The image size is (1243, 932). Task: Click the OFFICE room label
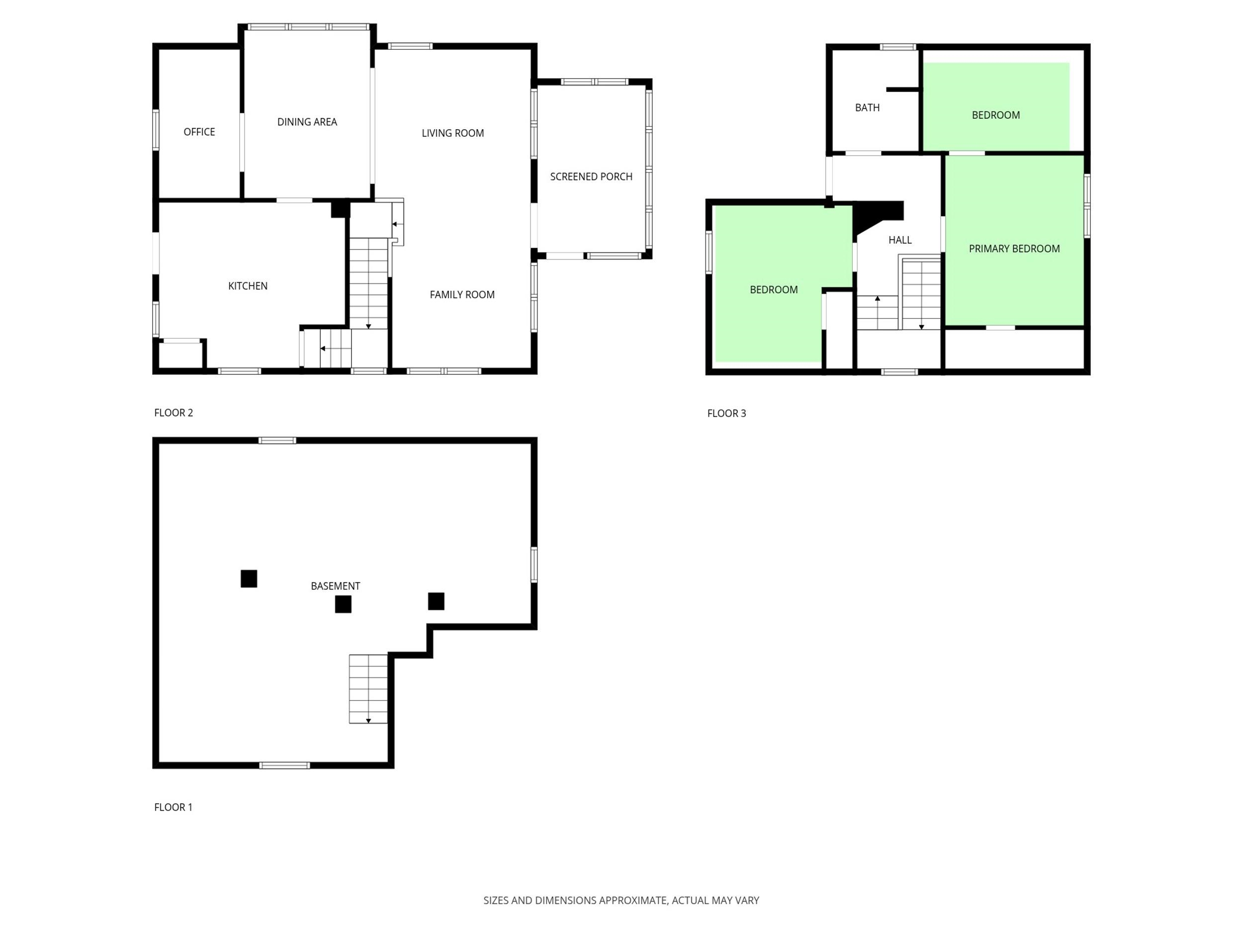pos(199,132)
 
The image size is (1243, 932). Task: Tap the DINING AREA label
pos(307,122)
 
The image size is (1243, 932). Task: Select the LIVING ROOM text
pos(452,133)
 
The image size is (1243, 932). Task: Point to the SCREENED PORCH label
pos(591,176)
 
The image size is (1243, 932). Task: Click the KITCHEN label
pos(248,286)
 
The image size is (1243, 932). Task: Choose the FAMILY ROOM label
pos(462,294)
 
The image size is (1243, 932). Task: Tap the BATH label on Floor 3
pos(867,107)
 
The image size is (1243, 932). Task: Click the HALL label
pos(899,240)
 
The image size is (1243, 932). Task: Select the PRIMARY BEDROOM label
pos(1014,249)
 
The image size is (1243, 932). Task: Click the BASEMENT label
pos(336,586)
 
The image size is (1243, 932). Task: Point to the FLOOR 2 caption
pos(174,413)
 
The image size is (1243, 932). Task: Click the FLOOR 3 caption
pos(726,413)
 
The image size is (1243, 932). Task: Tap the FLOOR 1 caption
pos(173,807)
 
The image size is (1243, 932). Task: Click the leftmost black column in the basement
pos(249,579)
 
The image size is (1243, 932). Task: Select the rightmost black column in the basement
pos(436,601)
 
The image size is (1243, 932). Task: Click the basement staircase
pos(368,689)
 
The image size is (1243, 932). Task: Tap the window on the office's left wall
pos(156,130)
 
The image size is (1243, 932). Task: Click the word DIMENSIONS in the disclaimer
pos(565,900)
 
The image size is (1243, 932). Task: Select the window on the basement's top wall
pos(277,440)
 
